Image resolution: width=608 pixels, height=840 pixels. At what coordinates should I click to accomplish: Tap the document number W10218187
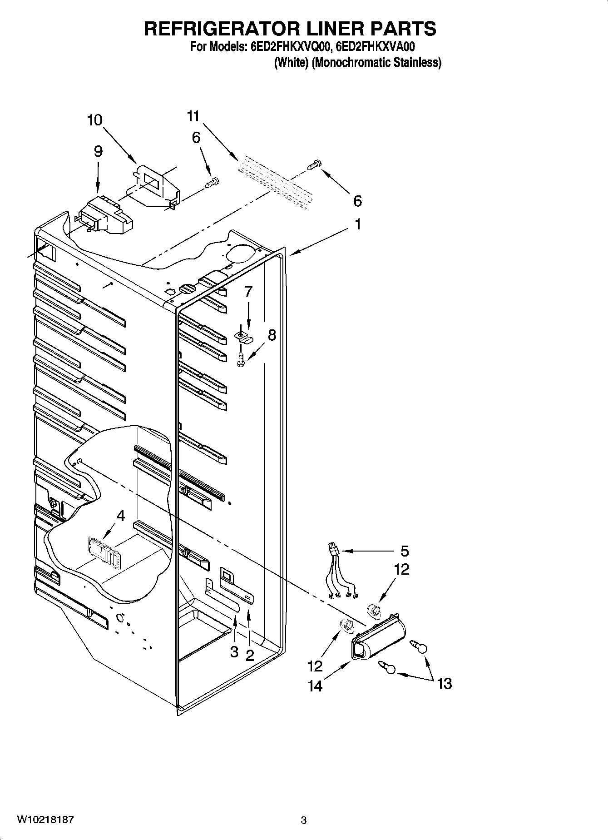(45, 820)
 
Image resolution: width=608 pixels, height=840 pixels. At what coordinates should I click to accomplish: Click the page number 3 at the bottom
(303, 820)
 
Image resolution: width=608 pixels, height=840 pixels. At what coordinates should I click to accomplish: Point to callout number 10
(94, 120)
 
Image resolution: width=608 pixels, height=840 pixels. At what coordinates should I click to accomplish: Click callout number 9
(98, 151)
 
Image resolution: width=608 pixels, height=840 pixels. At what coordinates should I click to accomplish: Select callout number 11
(193, 116)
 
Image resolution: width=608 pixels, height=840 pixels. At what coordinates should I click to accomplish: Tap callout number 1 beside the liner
(358, 224)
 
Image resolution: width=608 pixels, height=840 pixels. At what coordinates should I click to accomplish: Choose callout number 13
(445, 683)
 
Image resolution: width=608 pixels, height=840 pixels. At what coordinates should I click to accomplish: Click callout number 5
(404, 551)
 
